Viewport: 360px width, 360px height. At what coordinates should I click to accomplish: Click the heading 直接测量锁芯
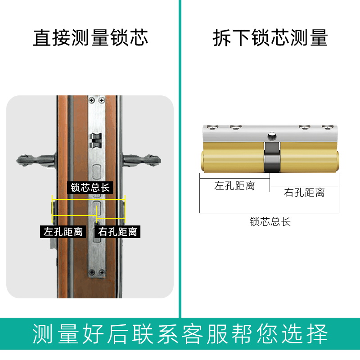tap(90, 38)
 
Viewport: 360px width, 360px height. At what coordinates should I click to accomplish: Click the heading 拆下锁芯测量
tap(270, 38)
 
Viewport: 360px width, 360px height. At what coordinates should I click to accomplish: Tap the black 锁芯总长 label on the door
tap(90, 187)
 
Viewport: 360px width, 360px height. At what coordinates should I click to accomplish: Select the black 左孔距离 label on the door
tap(63, 232)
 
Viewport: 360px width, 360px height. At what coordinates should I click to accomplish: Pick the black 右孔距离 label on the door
tap(117, 232)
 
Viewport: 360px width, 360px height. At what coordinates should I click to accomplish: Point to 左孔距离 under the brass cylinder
tap(234, 186)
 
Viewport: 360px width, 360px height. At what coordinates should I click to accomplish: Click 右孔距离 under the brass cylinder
tap(304, 193)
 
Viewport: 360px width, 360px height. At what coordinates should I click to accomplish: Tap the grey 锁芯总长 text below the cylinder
tap(270, 221)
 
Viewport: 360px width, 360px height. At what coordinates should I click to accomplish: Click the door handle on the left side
tap(36, 159)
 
